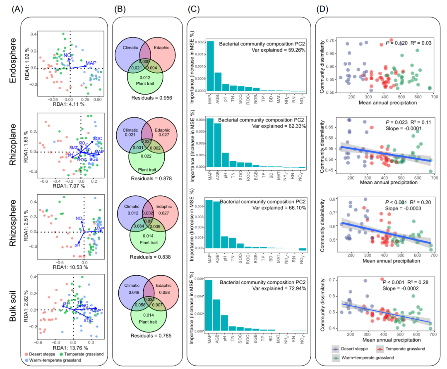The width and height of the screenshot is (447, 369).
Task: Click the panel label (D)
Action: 324,8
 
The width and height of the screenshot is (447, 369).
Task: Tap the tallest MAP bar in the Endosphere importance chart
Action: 210,66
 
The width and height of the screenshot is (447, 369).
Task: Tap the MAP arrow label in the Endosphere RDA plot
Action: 91,63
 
